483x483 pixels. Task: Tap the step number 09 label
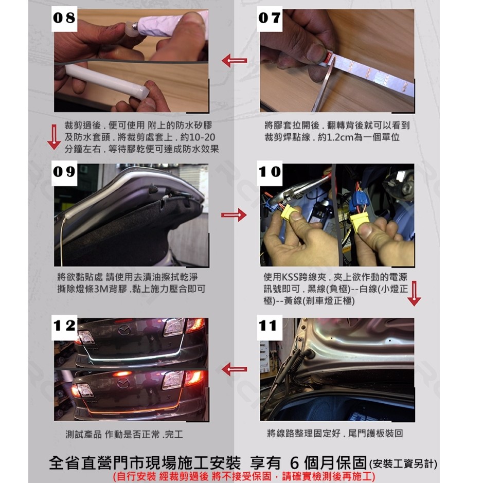(x=64, y=172)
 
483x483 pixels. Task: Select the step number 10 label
(x=270, y=172)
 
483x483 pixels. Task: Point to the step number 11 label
(x=270, y=326)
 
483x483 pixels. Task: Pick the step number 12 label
(x=64, y=326)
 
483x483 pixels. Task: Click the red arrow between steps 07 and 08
(x=234, y=61)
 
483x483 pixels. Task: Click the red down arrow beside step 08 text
(x=54, y=137)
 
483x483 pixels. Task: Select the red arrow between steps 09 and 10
(x=234, y=214)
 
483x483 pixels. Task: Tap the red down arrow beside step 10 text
(x=414, y=294)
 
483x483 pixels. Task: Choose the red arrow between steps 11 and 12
(x=234, y=369)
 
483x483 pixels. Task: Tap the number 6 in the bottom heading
(x=295, y=462)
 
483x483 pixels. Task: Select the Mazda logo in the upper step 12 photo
(x=124, y=331)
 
